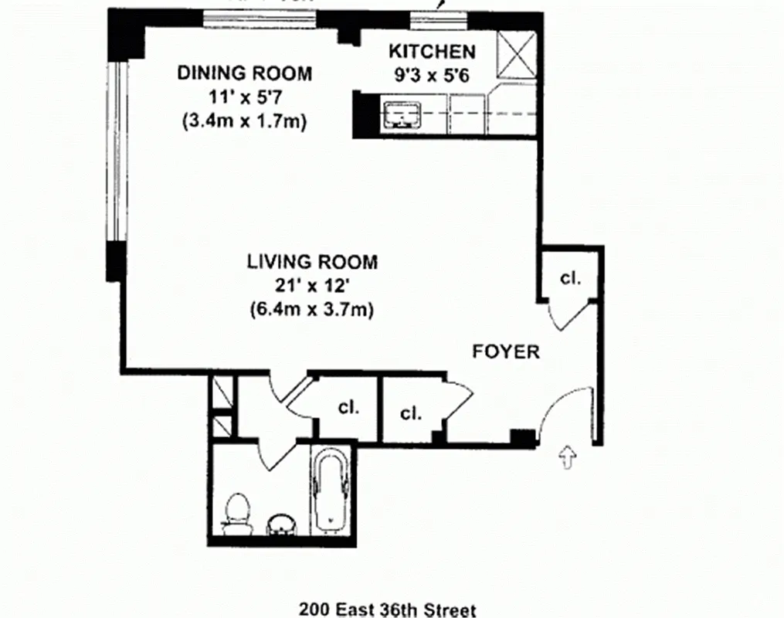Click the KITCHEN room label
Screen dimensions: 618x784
click(x=431, y=52)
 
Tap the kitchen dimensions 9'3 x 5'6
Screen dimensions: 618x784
click(x=431, y=76)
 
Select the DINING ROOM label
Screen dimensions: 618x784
click(x=245, y=73)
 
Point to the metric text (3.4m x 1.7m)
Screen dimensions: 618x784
click(x=245, y=121)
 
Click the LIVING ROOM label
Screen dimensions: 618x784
click(x=312, y=262)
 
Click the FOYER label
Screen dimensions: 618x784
click(x=506, y=352)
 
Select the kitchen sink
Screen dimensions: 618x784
click(x=401, y=114)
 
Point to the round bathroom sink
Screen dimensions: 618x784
click(x=280, y=525)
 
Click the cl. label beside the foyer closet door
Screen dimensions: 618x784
click(x=570, y=279)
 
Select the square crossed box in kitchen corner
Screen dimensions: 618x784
click(x=516, y=56)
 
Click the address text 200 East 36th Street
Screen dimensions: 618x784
click(x=387, y=610)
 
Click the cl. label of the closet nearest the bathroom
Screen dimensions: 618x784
click(x=348, y=407)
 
